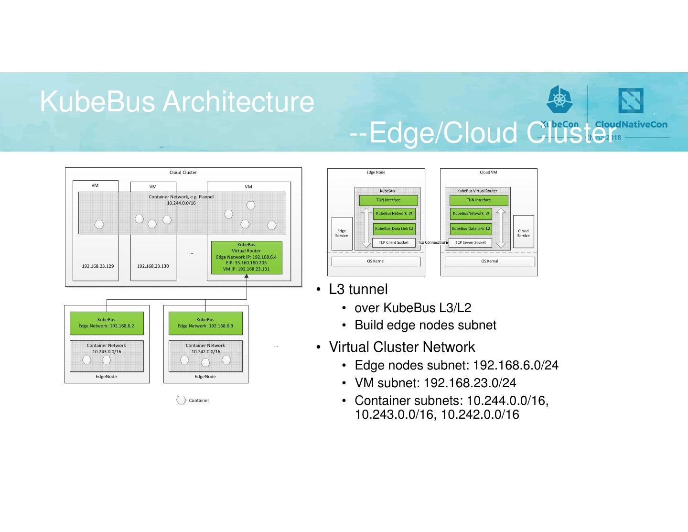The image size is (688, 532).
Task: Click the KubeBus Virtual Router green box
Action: (x=247, y=257)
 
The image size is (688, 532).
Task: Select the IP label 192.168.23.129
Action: (x=98, y=266)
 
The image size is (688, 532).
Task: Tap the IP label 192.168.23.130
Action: (x=153, y=266)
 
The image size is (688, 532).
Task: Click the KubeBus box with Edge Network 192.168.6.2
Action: (x=107, y=323)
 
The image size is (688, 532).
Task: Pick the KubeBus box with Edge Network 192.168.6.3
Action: (x=205, y=323)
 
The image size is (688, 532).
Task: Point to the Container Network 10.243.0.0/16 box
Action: (x=107, y=356)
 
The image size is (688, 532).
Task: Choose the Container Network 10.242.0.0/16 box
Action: (x=205, y=356)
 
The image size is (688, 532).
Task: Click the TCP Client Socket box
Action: (x=394, y=243)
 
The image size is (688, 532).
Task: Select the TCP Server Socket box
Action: (x=470, y=243)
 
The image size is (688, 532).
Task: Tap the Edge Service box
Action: (x=342, y=233)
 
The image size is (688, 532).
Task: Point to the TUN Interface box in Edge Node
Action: (x=388, y=200)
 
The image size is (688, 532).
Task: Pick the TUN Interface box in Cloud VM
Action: (x=479, y=200)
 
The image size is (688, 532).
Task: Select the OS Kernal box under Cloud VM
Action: (x=490, y=261)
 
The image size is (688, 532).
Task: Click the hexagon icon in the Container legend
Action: (x=181, y=401)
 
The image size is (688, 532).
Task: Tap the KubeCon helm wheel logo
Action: (x=559, y=100)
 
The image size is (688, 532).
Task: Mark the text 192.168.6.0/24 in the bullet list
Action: (x=516, y=366)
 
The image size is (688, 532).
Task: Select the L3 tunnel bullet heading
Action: (x=358, y=290)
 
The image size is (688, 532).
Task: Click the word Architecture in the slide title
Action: (x=238, y=102)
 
